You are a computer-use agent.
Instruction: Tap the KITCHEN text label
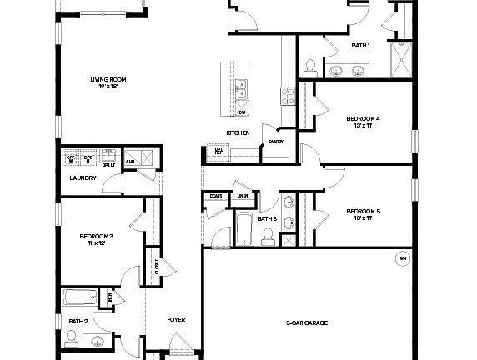[x=238, y=133]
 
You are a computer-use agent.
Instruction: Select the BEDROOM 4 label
[x=364, y=119]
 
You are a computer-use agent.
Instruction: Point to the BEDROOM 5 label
[x=364, y=212]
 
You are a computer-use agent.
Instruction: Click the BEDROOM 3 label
[x=97, y=237]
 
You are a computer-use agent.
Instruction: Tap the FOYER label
[x=175, y=319]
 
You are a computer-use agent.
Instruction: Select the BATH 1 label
[x=360, y=46]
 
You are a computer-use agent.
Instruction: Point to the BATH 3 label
[x=267, y=219]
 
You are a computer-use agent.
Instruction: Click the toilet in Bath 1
[x=309, y=66]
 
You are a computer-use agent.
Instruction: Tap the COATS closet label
[x=216, y=196]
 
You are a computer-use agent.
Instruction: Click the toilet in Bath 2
[x=72, y=337]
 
